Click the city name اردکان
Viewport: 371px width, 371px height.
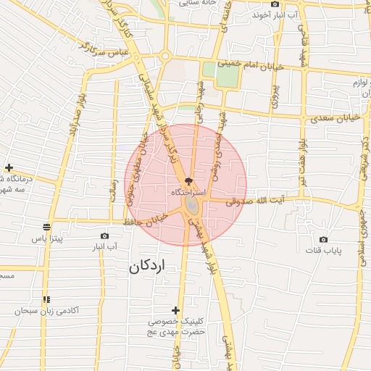click(x=147, y=267)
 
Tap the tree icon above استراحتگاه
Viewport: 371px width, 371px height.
click(x=189, y=181)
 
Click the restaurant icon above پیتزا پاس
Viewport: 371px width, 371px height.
click(x=47, y=226)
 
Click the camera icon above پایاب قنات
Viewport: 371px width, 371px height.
click(x=323, y=239)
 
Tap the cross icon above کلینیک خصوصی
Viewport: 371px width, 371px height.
click(x=175, y=310)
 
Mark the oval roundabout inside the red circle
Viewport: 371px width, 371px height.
click(x=191, y=207)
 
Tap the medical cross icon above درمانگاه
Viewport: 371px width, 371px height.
click(x=8, y=167)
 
